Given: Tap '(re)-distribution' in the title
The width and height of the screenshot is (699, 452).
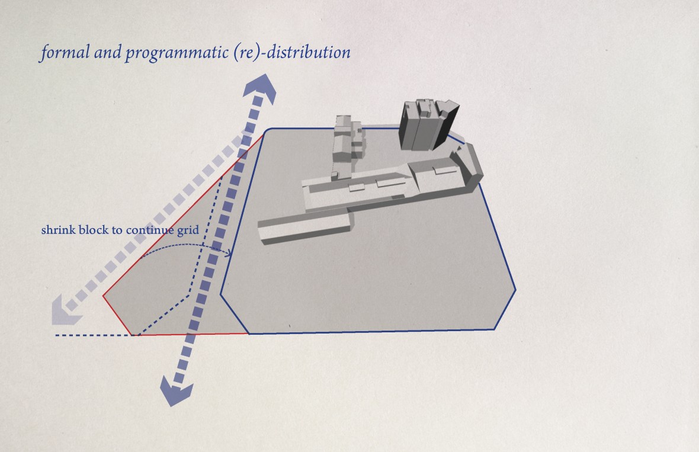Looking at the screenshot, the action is pyautogui.click(x=292, y=52).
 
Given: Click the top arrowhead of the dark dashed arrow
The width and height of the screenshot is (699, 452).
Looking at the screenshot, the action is pyautogui.click(x=260, y=87).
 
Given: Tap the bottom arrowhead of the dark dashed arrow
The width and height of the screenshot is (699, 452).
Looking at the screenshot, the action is pyautogui.click(x=177, y=391).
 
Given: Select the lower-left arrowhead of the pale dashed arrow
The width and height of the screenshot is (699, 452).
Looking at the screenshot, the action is pyautogui.click(x=65, y=310).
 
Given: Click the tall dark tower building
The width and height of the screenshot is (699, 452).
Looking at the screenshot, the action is pyautogui.click(x=428, y=124).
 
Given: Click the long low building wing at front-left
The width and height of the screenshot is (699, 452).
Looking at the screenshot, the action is pyautogui.click(x=305, y=227).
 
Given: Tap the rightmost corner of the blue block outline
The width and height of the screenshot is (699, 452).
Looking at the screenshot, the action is pyautogui.click(x=516, y=290).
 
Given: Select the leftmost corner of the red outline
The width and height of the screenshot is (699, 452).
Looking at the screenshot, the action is pyautogui.click(x=103, y=295).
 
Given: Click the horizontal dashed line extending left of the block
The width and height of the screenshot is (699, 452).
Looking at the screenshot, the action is pyautogui.click(x=94, y=335).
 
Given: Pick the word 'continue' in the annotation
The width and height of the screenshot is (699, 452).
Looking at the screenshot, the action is pyautogui.click(x=150, y=230).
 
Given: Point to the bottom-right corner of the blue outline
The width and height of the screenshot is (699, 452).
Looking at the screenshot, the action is pyautogui.click(x=495, y=329).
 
